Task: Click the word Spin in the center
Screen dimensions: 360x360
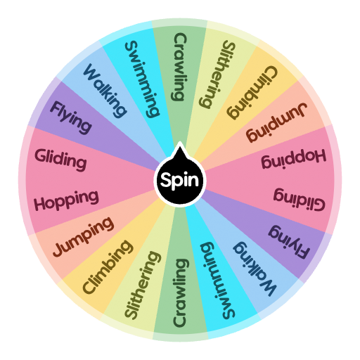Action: [x=180, y=181]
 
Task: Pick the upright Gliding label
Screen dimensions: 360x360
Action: [x=61, y=158]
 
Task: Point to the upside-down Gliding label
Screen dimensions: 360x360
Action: [x=299, y=202]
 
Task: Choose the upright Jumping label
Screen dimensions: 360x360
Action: [x=82, y=236]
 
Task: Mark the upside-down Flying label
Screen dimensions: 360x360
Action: [x=290, y=243]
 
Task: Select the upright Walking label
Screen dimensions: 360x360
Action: [x=105, y=90]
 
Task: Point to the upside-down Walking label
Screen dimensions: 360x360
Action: [x=255, y=270]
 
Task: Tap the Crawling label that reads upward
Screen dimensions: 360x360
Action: [x=180, y=294]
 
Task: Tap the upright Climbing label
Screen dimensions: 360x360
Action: [x=107, y=267]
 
